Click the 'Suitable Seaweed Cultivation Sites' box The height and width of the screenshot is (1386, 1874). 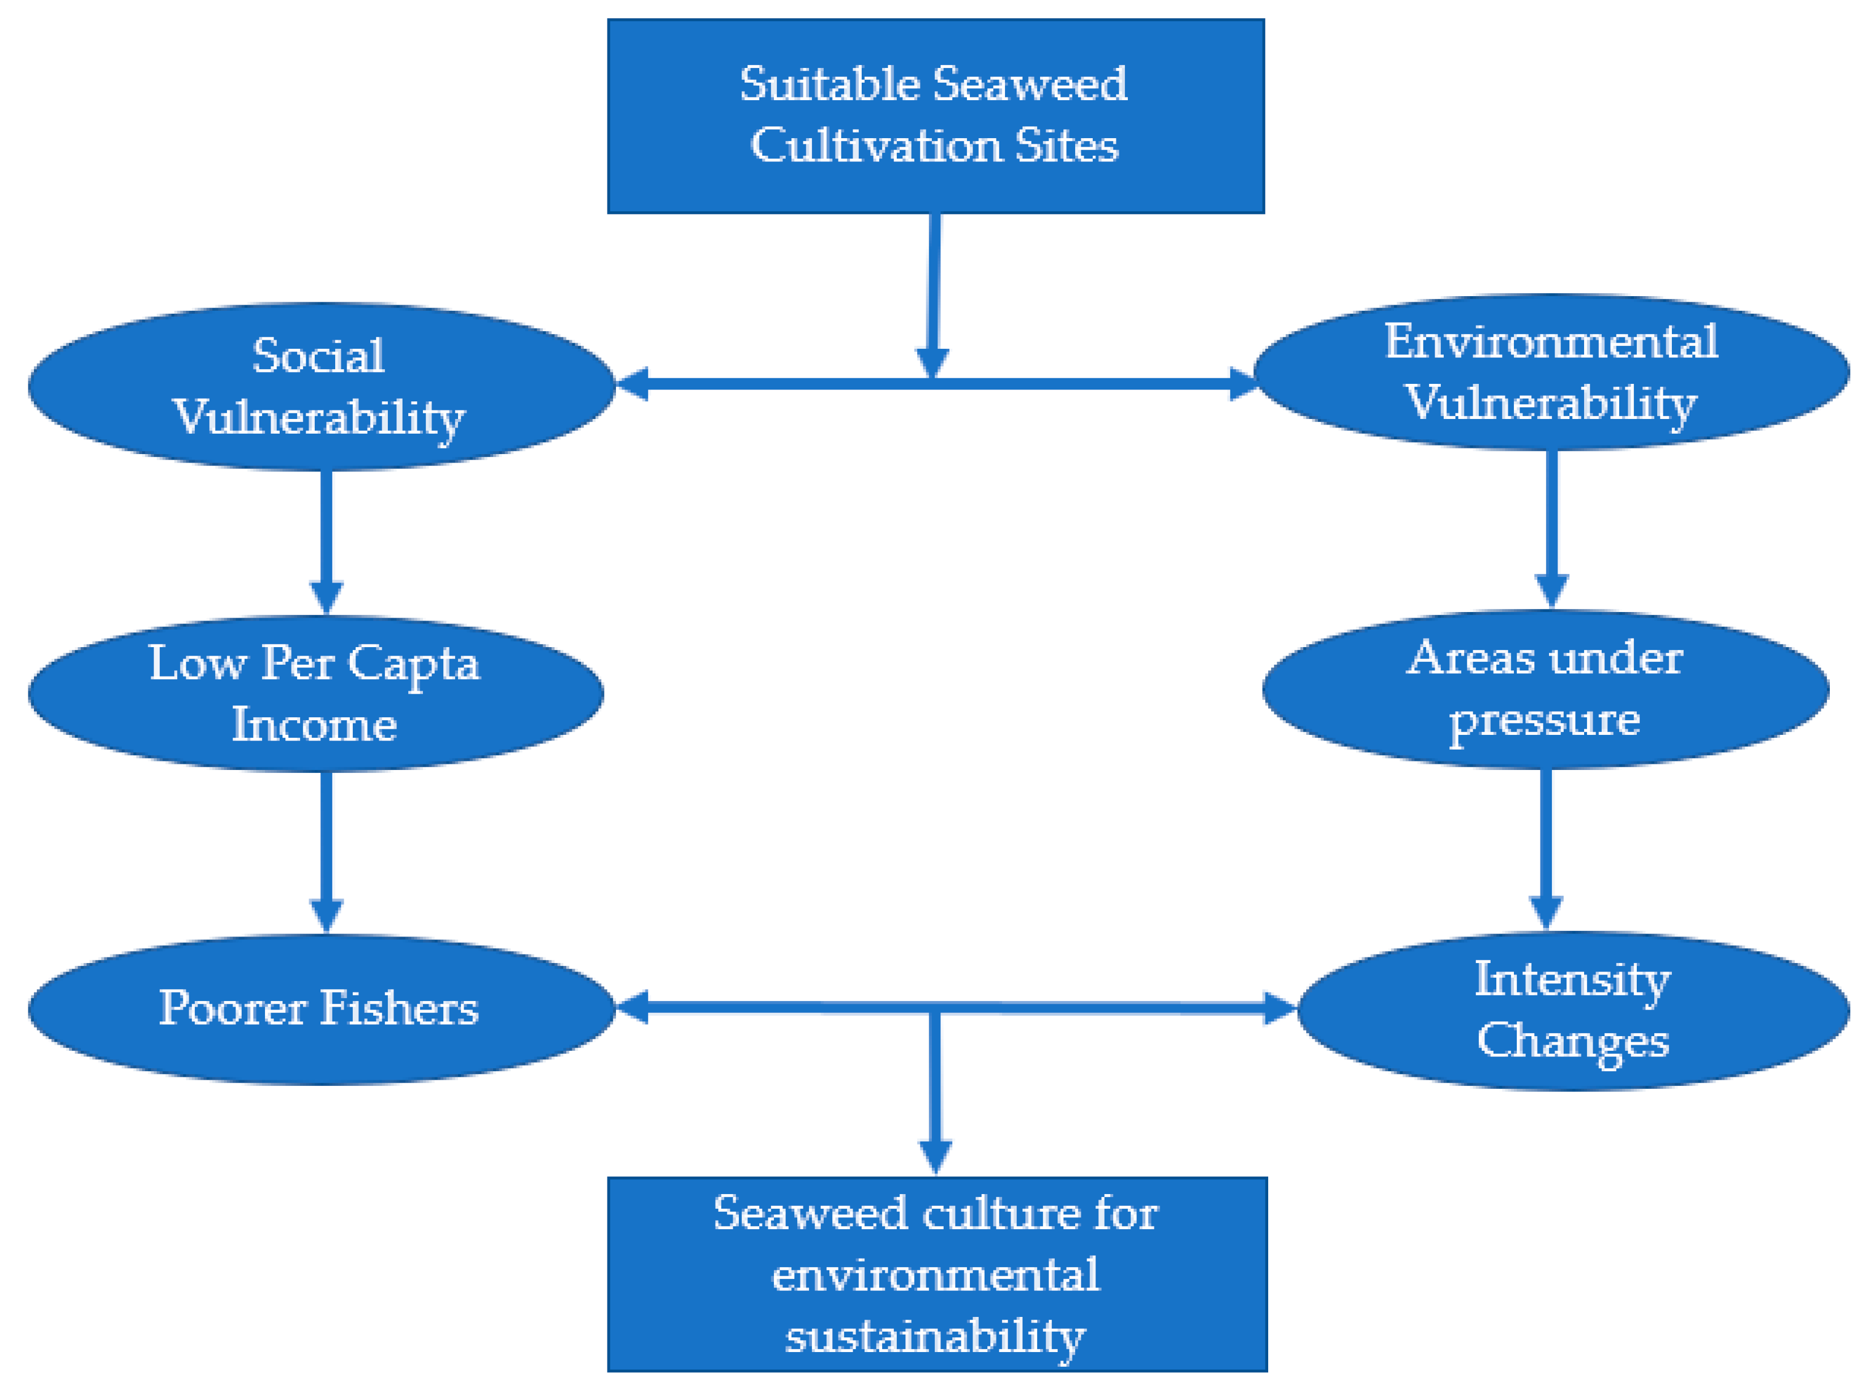click(x=935, y=115)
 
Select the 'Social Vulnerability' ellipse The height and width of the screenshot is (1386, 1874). click(x=321, y=387)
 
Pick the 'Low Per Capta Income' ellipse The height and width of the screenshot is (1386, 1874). click(x=315, y=693)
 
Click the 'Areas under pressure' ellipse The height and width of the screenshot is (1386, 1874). click(x=1545, y=689)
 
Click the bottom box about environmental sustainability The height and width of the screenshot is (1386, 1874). click(x=936, y=1273)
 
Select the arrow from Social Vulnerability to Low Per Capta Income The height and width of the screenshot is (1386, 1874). click(x=326, y=537)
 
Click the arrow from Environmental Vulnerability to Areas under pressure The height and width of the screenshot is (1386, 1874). click(x=1551, y=524)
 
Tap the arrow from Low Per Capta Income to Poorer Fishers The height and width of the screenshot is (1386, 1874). click(x=326, y=848)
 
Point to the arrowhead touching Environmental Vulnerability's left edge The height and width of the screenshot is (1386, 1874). click(x=1242, y=384)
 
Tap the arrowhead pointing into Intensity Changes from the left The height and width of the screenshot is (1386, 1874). click(x=1280, y=1008)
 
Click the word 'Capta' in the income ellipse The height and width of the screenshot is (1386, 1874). click(x=413, y=664)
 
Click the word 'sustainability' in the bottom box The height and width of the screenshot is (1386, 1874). click(x=935, y=1336)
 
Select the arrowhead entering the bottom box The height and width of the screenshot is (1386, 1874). click(x=935, y=1156)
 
